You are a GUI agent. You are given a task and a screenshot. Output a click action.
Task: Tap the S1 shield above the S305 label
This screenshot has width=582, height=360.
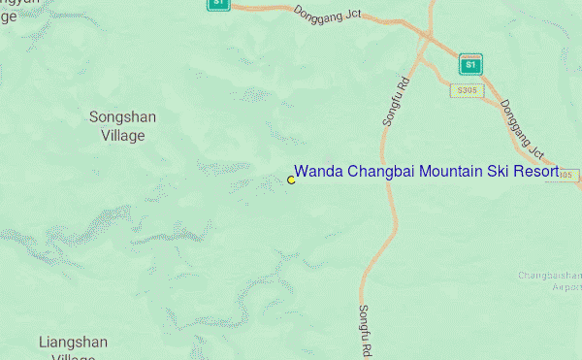tap(470, 64)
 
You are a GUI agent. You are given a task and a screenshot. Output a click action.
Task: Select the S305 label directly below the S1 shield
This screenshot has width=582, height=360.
tap(466, 91)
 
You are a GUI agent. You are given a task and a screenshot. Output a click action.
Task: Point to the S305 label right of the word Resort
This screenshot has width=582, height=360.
tap(569, 175)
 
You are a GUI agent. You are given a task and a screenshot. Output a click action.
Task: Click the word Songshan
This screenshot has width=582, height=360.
tap(123, 117)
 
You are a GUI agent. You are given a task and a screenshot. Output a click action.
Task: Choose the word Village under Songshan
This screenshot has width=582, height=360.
tap(123, 136)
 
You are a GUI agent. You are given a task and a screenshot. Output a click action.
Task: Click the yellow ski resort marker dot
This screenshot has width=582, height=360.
tap(291, 180)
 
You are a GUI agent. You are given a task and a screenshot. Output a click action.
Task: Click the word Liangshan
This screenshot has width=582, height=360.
tap(74, 342)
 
